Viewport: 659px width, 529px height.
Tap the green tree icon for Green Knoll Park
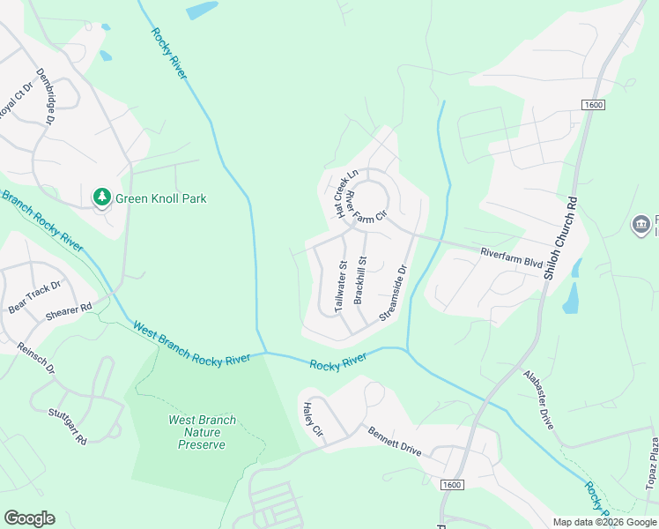101,197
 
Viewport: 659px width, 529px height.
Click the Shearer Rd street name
69,309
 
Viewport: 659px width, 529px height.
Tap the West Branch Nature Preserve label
203,432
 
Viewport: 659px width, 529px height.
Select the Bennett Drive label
395,442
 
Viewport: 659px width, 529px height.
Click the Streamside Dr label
394,293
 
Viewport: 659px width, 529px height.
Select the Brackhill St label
360,279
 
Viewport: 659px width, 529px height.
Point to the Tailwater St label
341,283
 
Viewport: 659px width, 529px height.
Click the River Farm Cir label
365,205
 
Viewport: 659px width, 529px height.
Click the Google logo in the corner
29,518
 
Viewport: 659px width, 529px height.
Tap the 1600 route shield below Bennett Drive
451,485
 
